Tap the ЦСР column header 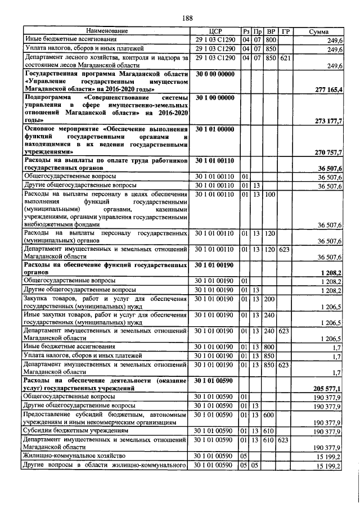(216, 30)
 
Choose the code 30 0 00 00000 (215, 74)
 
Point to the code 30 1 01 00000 (215, 129)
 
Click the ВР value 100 (269, 194)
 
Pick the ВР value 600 (269, 415)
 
